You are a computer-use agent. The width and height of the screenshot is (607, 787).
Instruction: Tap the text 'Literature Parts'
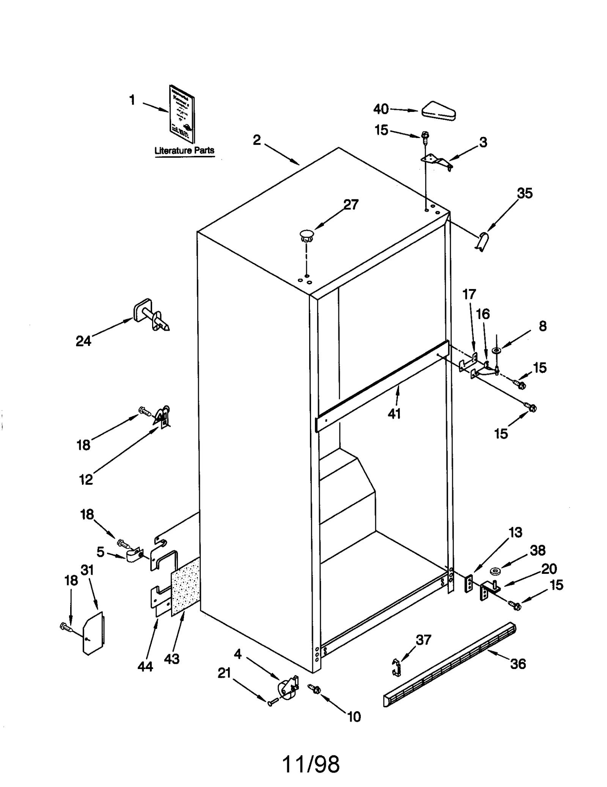point(184,150)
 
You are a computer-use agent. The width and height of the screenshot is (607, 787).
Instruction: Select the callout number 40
point(381,109)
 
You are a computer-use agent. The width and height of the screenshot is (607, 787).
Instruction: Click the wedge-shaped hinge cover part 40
point(439,111)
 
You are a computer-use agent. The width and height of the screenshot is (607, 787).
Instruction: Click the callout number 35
point(525,193)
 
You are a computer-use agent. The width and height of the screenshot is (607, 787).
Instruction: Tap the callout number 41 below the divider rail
point(394,414)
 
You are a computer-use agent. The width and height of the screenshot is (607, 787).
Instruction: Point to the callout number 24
point(83,341)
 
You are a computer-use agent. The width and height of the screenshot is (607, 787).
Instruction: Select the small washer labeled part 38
point(494,571)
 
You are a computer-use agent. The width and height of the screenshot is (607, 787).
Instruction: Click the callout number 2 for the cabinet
point(257,140)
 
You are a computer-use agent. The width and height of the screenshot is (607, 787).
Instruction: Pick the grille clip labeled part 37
point(396,668)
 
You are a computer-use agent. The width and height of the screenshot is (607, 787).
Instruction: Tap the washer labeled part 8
point(497,350)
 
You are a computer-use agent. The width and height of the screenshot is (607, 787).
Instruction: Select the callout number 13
point(515,533)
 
